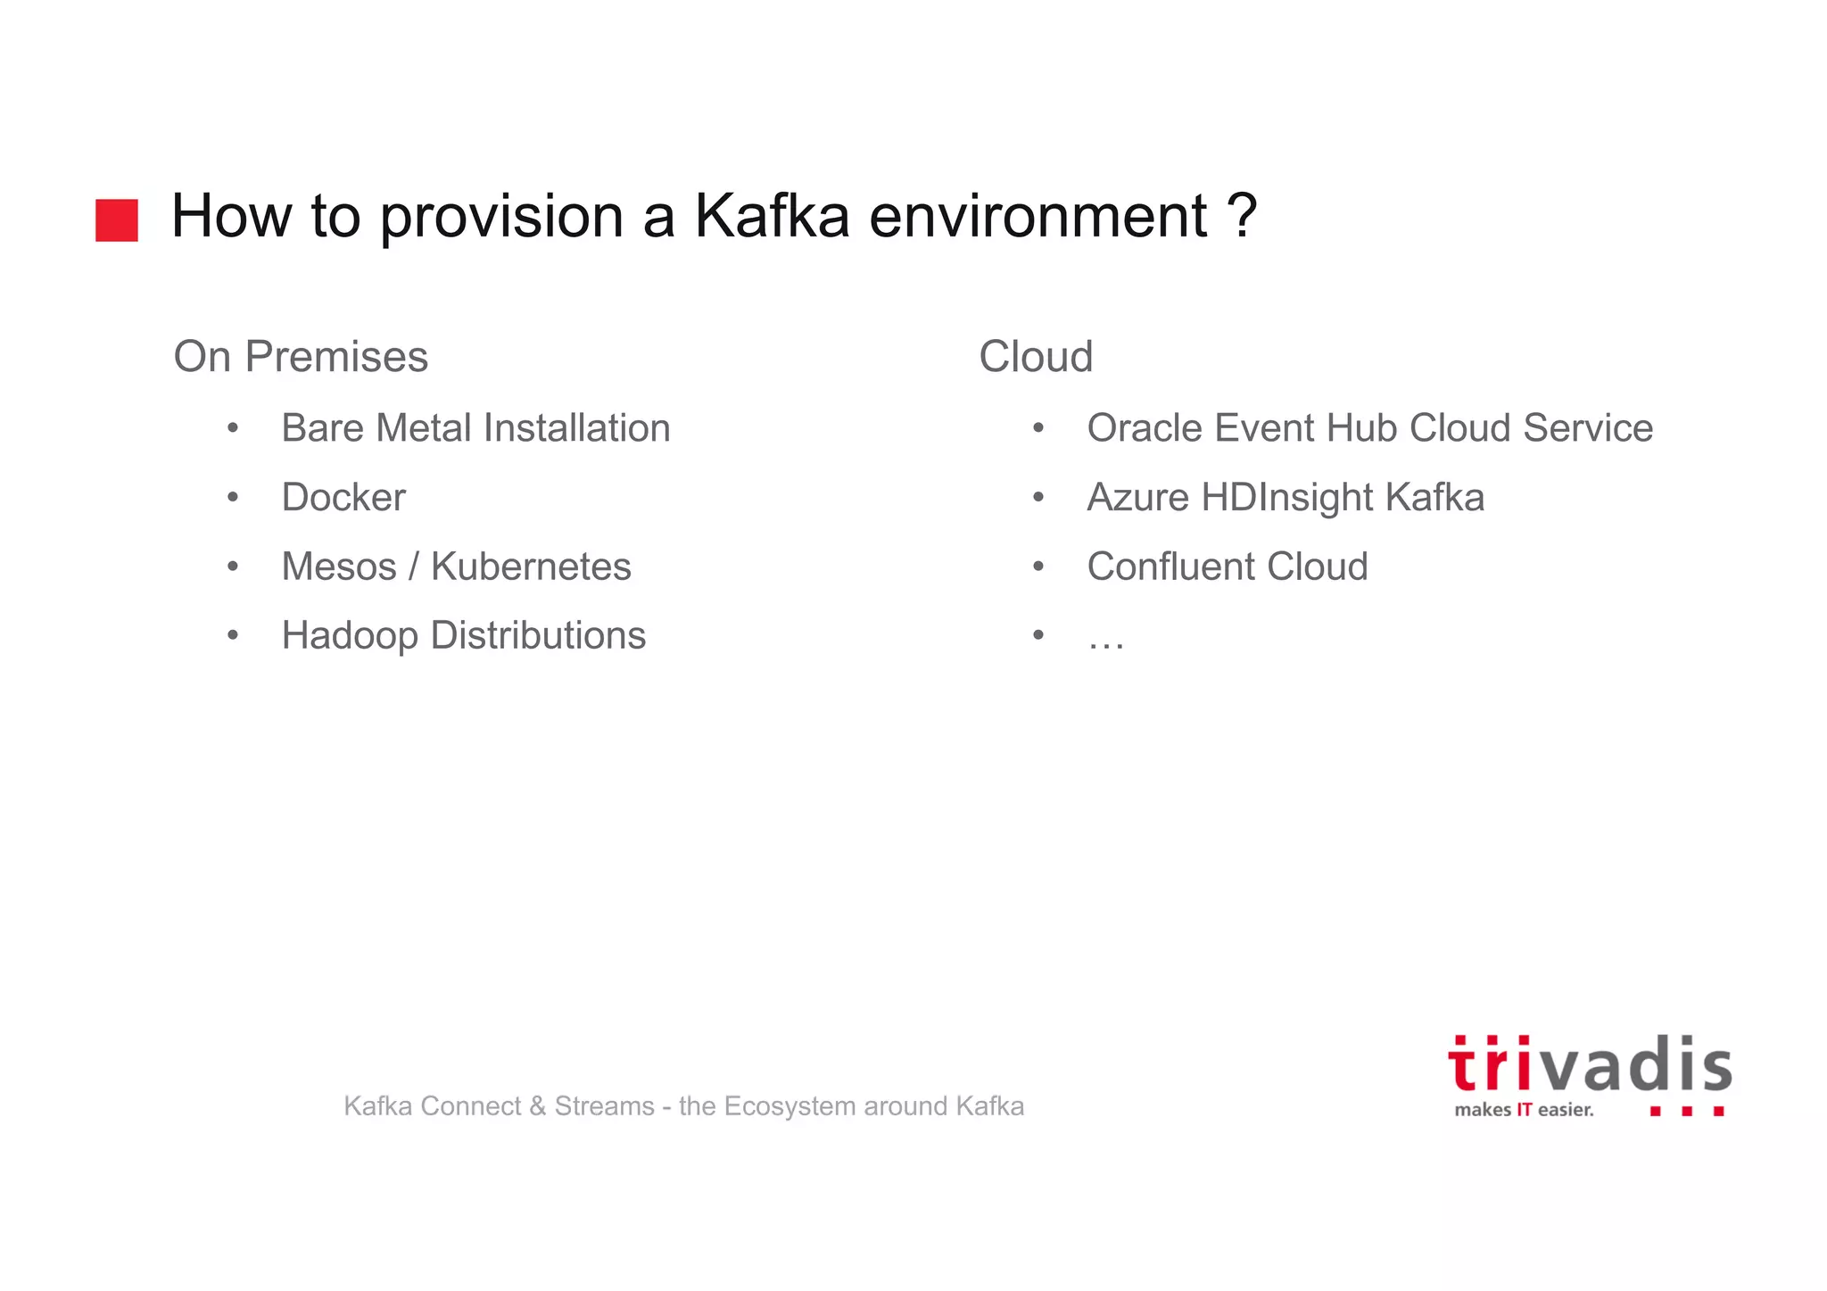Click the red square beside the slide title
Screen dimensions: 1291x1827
pyautogui.click(x=117, y=220)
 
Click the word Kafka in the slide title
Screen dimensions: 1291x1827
pyautogui.click(x=772, y=217)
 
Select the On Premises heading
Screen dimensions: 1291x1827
pyautogui.click(x=301, y=357)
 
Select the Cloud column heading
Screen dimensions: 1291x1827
pyautogui.click(x=1036, y=357)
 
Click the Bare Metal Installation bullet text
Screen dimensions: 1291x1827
pyautogui.click(x=475, y=428)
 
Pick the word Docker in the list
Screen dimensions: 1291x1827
pyautogui.click(x=343, y=498)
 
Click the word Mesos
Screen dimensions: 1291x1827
pyautogui.click(x=339, y=567)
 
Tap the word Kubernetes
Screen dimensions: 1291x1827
pyautogui.click(x=531, y=567)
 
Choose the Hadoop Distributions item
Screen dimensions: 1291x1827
pyautogui.click(x=463, y=636)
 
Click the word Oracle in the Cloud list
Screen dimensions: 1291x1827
pyautogui.click(x=1145, y=428)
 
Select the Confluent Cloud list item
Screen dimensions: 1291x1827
pyautogui.click(x=1228, y=567)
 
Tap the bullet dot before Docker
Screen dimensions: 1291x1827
pyautogui.click(x=233, y=497)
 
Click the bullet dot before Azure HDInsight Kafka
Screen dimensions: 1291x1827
pyautogui.click(x=1038, y=497)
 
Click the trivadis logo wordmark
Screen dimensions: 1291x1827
pyautogui.click(x=1590, y=1065)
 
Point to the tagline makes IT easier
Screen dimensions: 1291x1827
pyautogui.click(x=1524, y=1110)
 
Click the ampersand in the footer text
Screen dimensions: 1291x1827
pyautogui.click(x=537, y=1106)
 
